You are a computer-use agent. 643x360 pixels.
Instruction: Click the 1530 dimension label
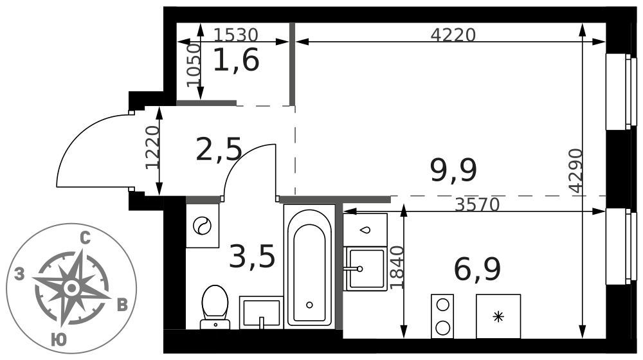[x=236, y=35]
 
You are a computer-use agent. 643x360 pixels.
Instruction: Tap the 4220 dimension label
[x=453, y=35]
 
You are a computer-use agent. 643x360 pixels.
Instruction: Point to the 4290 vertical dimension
[x=576, y=170]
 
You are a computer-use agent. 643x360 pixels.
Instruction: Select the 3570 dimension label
[x=477, y=204]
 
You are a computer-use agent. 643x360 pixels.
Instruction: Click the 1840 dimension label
[x=397, y=267]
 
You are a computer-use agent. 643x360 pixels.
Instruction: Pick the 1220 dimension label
[x=152, y=147]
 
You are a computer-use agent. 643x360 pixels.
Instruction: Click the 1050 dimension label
[x=194, y=65]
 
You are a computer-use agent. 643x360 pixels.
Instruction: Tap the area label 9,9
[x=453, y=170]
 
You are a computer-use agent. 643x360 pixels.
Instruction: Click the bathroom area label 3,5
[x=252, y=256]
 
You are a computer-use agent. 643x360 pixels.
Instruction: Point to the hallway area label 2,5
[x=219, y=149]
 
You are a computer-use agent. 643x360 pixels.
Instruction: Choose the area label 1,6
[x=236, y=60]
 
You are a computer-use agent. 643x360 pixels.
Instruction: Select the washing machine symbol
[x=203, y=226]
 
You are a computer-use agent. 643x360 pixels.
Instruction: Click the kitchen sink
[x=365, y=269]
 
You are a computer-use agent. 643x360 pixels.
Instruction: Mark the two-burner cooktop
[x=442, y=316]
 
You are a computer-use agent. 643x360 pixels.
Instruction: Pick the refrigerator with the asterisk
[x=498, y=316]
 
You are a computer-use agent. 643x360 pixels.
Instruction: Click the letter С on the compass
[x=85, y=239]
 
